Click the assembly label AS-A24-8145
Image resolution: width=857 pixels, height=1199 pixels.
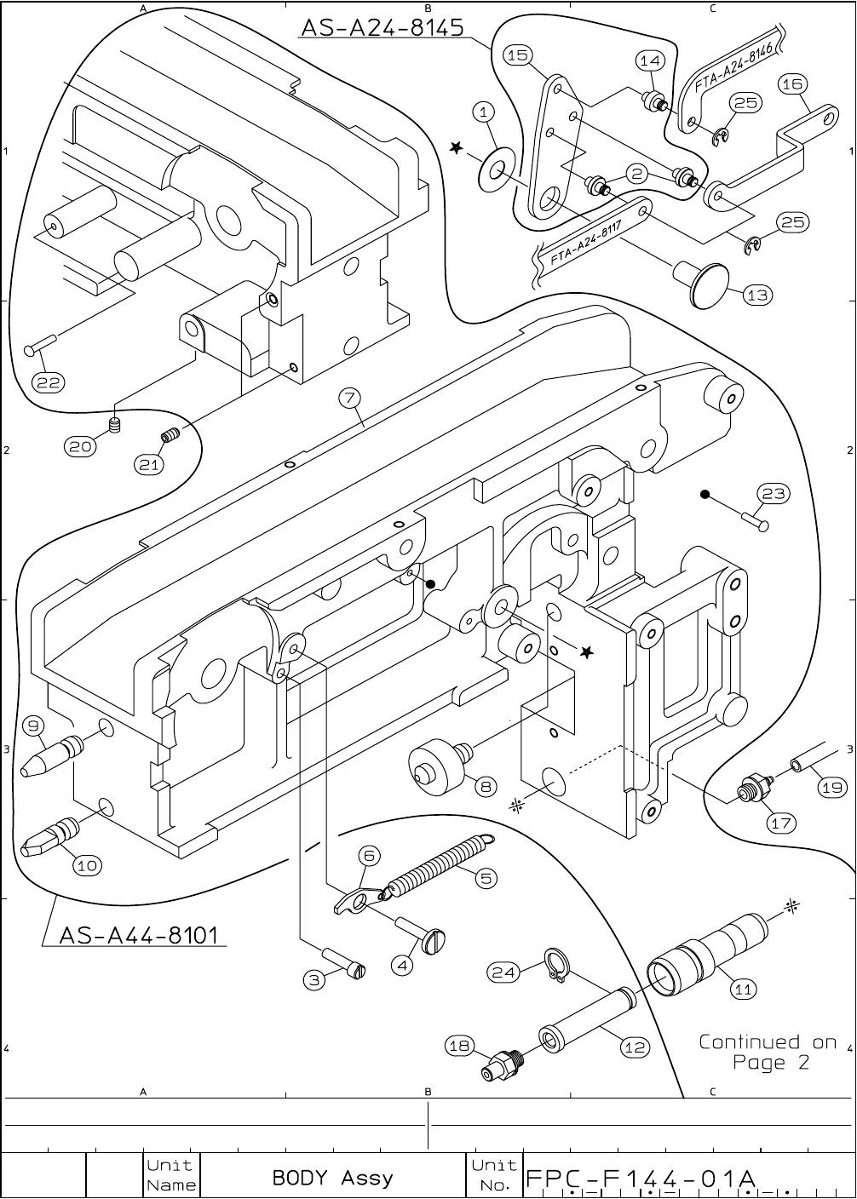pos(382,27)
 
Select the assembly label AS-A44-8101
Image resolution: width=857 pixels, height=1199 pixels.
pos(138,936)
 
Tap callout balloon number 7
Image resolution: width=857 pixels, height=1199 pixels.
pos(349,398)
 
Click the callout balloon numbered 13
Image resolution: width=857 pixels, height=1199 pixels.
pos(756,295)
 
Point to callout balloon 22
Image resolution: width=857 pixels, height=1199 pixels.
pos(48,382)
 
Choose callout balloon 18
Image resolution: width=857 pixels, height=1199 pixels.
pos(461,1046)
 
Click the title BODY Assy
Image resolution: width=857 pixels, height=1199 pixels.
pos(332,1178)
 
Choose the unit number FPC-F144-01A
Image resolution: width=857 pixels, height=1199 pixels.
pos(641,1179)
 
